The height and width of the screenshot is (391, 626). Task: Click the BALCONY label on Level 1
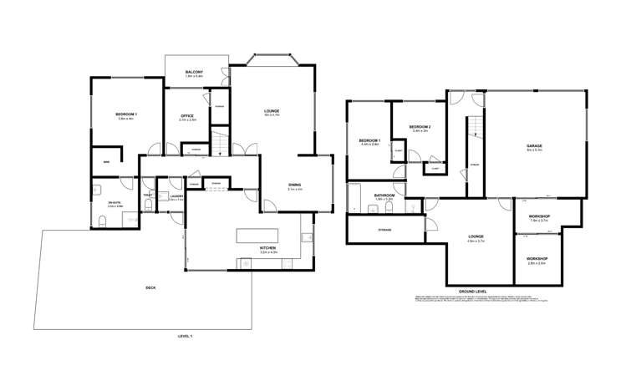coord(194,72)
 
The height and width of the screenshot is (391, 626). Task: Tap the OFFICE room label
coord(187,116)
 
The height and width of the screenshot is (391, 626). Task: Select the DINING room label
coord(294,185)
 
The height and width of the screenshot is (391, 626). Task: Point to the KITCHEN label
coord(267,248)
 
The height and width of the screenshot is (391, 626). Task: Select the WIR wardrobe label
coord(106,160)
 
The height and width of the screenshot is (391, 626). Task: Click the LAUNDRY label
coord(176,196)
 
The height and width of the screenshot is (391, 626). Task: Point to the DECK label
coord(150,288)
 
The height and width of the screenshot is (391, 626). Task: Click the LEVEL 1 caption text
coord(185,336)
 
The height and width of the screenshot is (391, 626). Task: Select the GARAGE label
coord(535,145)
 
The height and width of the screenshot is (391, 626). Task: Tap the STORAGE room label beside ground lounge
coord(384,230)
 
